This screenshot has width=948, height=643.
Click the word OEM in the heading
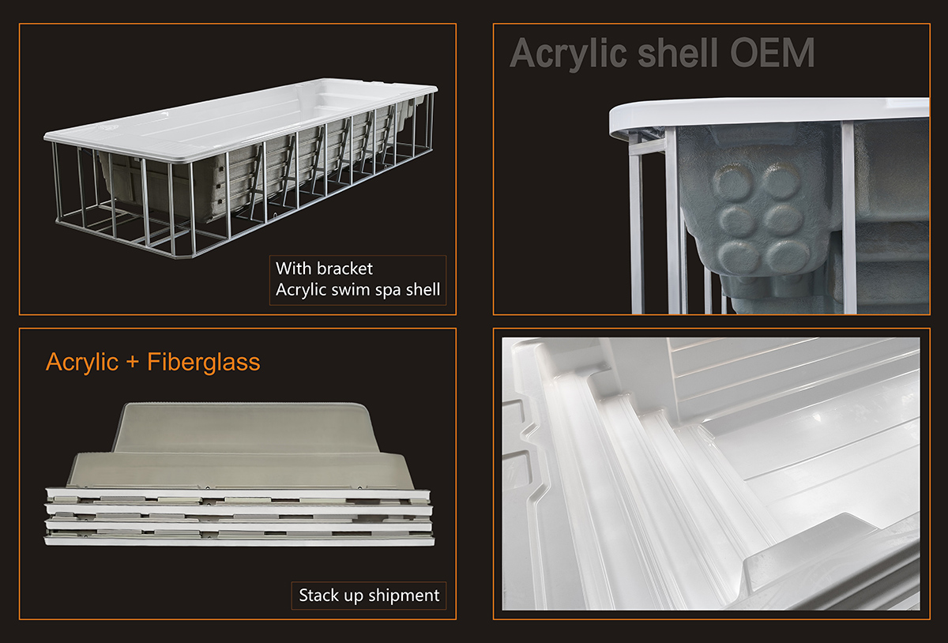click(x=773, y=53)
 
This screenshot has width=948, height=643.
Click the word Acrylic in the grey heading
click(x=568, y=54)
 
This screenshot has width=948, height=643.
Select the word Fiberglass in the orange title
click(x=204, y=363)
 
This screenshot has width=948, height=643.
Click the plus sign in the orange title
click(x=133, y=363)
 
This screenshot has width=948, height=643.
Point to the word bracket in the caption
click(x=344, y=269)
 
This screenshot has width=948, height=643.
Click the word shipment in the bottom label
click(x=404, y=596)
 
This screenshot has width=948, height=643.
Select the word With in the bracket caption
click(x=294, y=269)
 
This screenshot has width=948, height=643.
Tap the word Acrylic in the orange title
click(x=82, y=363)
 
